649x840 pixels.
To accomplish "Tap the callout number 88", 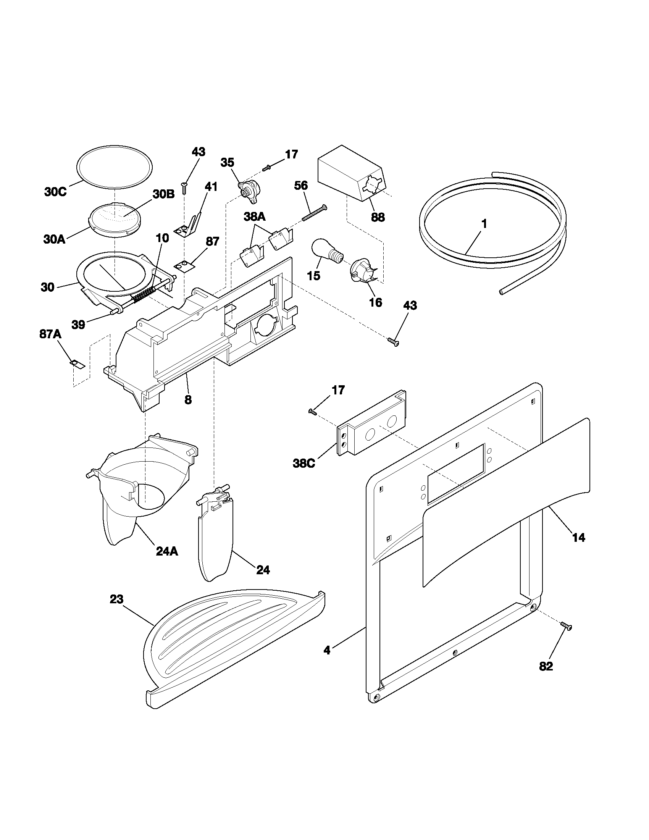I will click(378, 217).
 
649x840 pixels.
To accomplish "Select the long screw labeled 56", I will click(314, 213).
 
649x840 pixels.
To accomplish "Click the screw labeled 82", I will click(566, 626).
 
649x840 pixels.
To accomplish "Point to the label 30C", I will click(55, 192).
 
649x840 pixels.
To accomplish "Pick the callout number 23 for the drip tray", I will click(116, 599).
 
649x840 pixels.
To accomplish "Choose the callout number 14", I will click(579, 537).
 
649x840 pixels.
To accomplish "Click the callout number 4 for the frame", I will click(326, 650).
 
